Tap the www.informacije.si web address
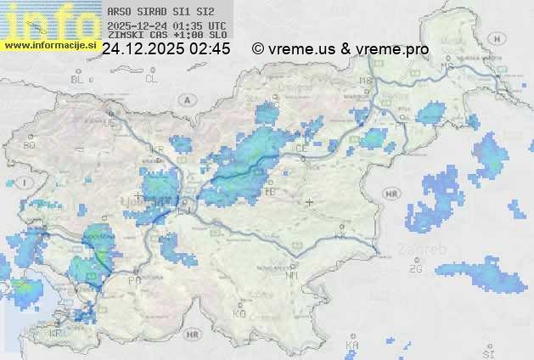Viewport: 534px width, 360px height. [50, 45]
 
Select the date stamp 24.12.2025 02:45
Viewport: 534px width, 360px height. [166, 49]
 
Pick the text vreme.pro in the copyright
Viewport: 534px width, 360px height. [392, 49]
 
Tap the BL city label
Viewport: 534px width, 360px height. [78, 79]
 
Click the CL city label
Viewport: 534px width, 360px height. [151, 79]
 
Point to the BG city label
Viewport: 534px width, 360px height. [30, 145]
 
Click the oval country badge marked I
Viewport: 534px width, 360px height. [26, 182]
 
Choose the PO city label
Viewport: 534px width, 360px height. [133, 280]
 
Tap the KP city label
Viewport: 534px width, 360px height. [56, 334]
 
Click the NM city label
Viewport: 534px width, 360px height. [293, 275]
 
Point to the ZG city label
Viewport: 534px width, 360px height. [415, 269]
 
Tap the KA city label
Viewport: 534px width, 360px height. [352, 345]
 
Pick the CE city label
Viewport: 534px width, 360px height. [301, 148]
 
